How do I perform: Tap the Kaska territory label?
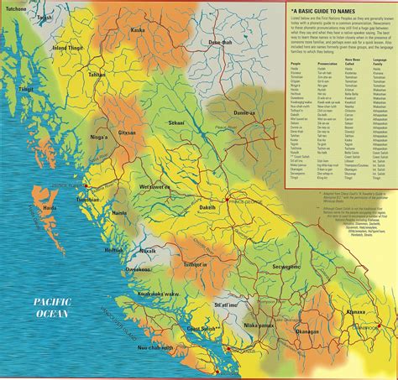coord(138,29)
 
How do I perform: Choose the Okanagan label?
coord(307,331)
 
